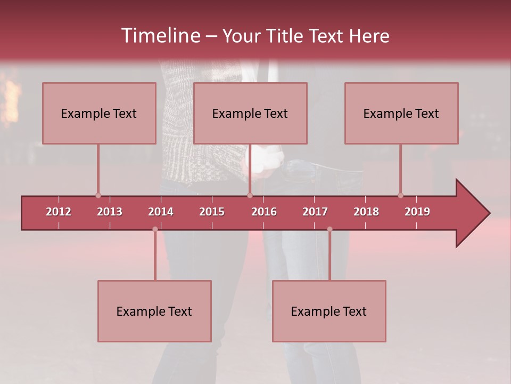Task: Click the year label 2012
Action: [x=59, y=212]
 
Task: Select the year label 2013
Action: [x=110, y=212]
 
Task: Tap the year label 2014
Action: [x=161, y=212]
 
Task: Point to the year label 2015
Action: [x=212, y=212]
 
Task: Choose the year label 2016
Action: [x=264, y=212]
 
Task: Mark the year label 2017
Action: [x=315, y=212]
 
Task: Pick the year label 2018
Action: [x=366, y=212]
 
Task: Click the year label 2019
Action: [x=417, y=212]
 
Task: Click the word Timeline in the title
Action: [x=160, y=36]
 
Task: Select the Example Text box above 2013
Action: [x=99, y=113]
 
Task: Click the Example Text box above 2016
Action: [x=250, y=113]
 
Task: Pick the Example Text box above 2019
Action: [x=401, y=113]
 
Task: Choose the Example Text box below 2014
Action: [x=154, y=311]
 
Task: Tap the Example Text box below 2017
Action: [x=329, y=311]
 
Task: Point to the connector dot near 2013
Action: [x=98, y=195]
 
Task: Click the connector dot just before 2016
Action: [x=250, y=195]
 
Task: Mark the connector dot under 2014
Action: [x=155, y=229]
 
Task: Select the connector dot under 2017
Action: [x=329, y=229]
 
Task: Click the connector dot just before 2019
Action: [x=400, y=195]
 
